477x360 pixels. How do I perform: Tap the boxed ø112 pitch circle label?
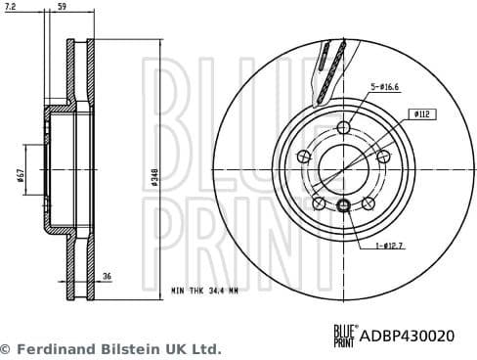click(422, 113)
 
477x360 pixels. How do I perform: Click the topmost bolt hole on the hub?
click(342, 128)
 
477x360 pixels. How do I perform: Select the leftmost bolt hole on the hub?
click(302, 157)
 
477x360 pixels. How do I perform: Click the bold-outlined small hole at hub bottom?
click(343, 205)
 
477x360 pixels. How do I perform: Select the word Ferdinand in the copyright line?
click(51, 348)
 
